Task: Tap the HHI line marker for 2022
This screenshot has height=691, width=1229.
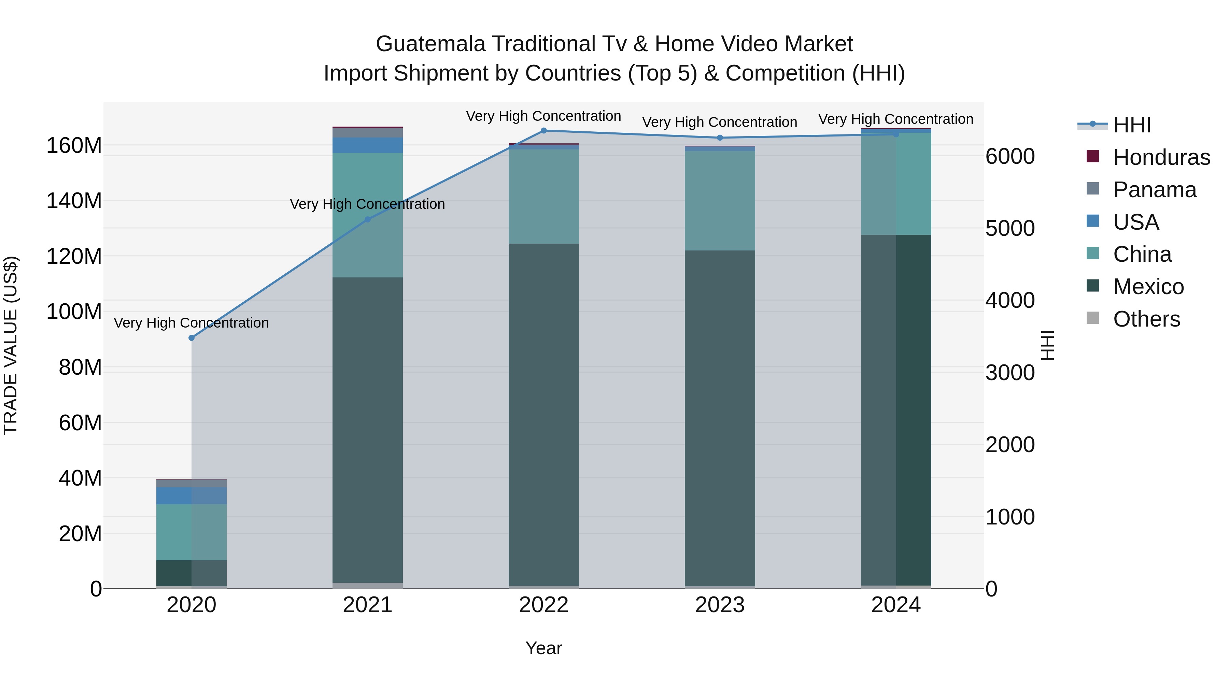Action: coord(543,131)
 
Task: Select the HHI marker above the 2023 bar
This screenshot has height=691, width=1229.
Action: coord(720,138)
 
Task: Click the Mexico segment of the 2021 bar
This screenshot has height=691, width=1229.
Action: coord(367,429)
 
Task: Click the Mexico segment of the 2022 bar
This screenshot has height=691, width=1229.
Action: coord(543,415)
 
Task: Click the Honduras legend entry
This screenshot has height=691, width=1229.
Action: coord(1161,157)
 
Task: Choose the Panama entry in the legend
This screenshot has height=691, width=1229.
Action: coord(1155,190)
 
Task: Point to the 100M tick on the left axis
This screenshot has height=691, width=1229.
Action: coord(74,312)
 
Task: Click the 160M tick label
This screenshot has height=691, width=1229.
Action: coord(74,145)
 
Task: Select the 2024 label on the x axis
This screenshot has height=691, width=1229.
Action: coord(895,605)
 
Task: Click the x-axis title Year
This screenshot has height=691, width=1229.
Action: coord(543,649)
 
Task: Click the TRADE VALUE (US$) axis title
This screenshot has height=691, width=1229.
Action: coord(11,345)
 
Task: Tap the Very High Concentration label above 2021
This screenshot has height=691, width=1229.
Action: coord(367,204)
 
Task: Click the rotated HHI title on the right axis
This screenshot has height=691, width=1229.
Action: coord(1048,345)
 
